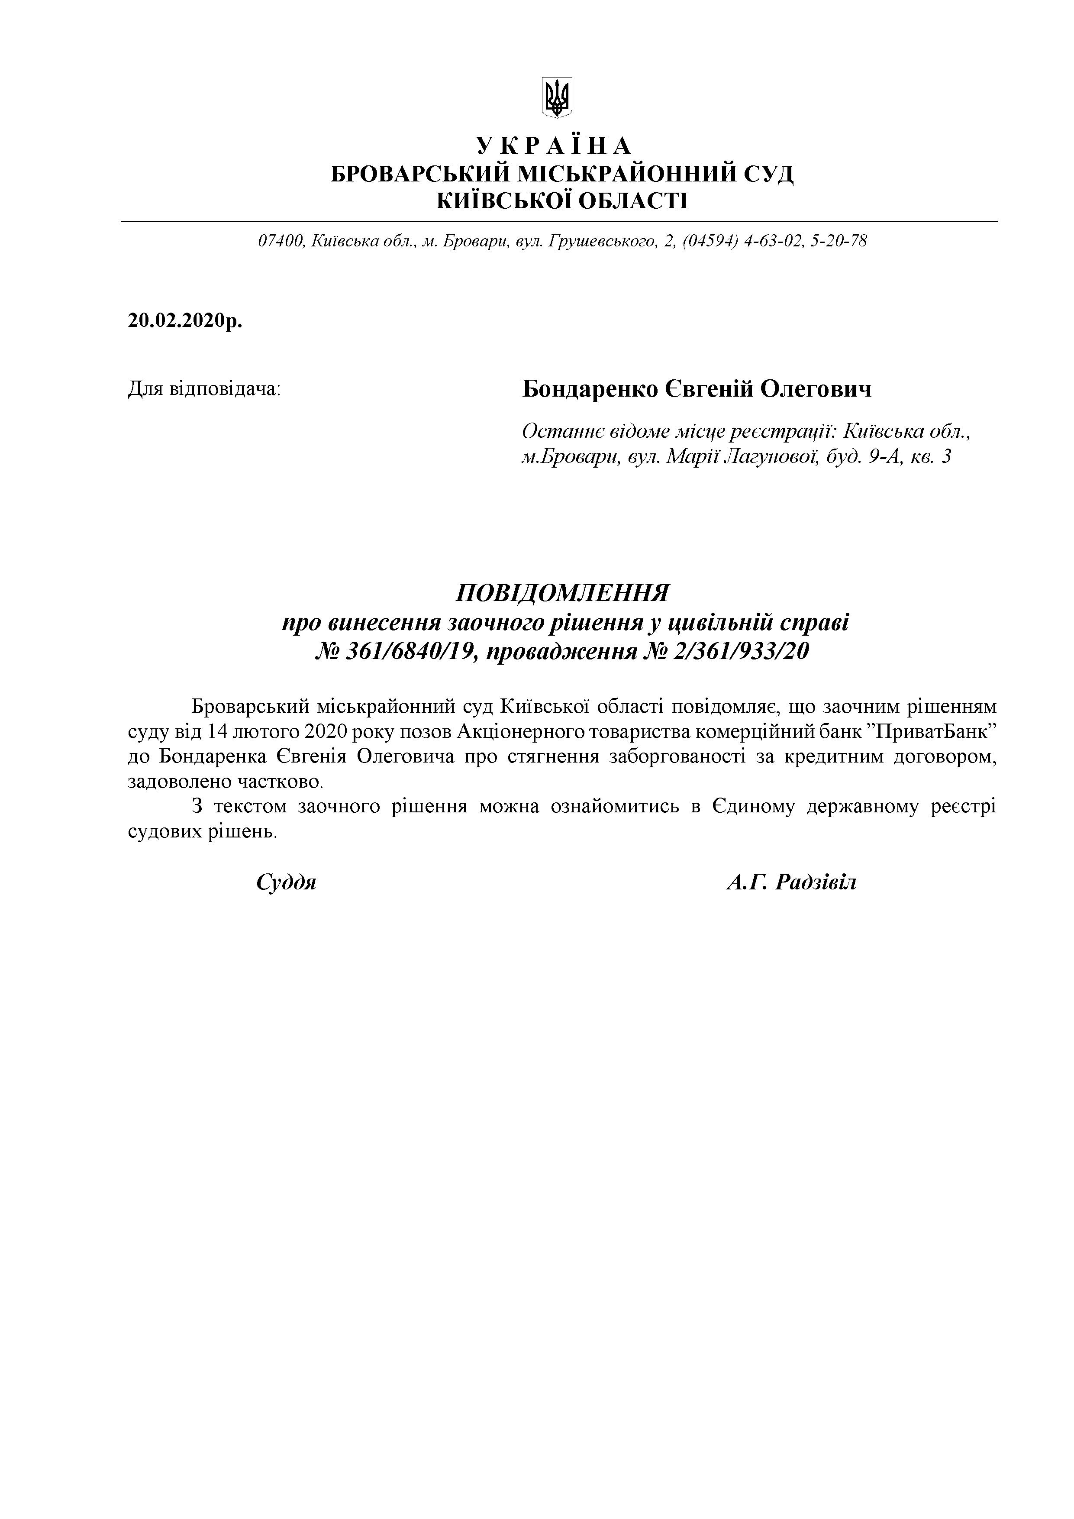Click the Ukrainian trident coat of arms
[x=557, y=97]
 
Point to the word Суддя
[x=286, y=882]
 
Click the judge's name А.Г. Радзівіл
[x=791, y=882]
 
